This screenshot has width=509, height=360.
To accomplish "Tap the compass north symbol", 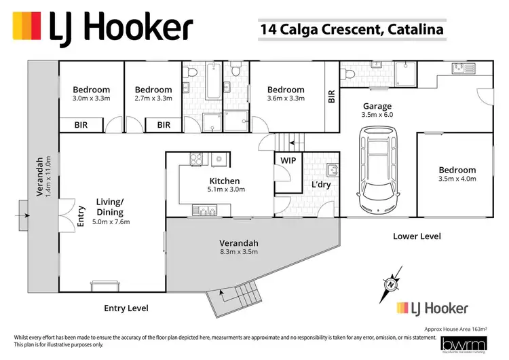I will pos(392,282).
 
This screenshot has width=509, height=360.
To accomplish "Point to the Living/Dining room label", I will pos(110,211).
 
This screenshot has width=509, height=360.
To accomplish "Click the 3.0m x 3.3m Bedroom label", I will pos(92,94).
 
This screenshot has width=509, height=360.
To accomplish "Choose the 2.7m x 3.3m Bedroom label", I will pos(153,94).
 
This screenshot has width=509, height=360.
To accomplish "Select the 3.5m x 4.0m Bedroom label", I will pos(457,175).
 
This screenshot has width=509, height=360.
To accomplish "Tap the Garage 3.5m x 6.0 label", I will pos(377,111).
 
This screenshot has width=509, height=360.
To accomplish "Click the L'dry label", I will pos(320,185).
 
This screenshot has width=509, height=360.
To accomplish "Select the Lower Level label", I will pos(417,236).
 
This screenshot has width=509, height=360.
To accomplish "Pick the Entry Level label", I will pos(126,308).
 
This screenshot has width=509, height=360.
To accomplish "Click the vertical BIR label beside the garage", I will pos(332,97).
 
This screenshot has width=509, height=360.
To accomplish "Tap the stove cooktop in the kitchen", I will pos(195,160).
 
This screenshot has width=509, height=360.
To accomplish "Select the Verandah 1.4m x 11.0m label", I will pos(43,177).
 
